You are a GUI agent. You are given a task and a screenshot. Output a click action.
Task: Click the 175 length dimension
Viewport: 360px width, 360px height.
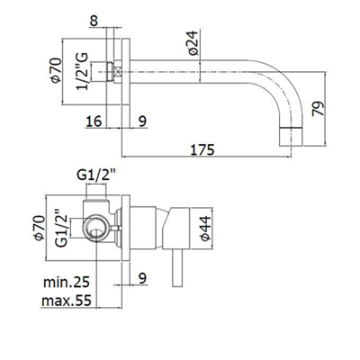(202, 149)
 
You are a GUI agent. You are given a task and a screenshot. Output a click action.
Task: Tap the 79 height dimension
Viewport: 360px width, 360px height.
(319, 109)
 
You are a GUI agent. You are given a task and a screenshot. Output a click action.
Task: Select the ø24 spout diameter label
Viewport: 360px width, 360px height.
(193, 42)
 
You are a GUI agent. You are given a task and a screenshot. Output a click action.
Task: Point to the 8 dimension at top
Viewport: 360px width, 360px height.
(94, 22)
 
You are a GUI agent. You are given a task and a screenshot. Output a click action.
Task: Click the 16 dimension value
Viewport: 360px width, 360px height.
(94, 121)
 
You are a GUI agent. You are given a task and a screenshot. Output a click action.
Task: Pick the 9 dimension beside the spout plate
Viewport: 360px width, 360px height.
(142, 121)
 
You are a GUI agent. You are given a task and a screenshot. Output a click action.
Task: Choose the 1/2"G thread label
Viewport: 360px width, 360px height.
(82, 71)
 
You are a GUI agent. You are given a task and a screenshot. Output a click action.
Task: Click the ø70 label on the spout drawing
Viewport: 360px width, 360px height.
(56, 70)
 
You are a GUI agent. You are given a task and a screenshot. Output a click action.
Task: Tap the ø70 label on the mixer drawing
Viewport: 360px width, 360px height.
(40, 228)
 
